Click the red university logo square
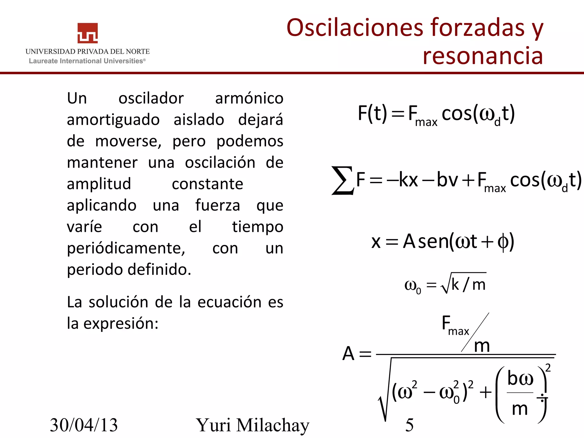tap(88, 33)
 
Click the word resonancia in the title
tap(482, 56)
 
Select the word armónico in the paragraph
tap(249, 98)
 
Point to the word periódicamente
tap(126, 248)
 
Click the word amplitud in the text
tap(99, 184)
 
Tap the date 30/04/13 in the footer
tap(84, 425)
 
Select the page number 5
tap(409, 425)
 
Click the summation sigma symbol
tap(342, 180)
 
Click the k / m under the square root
tap(469, 284)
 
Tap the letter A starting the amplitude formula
tap(348, 354)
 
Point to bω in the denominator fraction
tap(520, 379)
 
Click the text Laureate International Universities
tap(87, 61)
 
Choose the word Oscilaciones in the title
tap(355, 27)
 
